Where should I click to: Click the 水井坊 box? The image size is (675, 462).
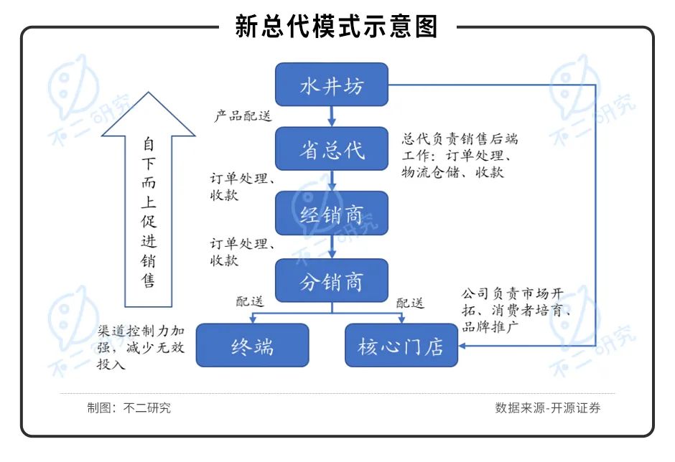[332, 85]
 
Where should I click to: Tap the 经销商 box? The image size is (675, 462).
[332, 213]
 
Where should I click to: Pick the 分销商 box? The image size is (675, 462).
[332, 280]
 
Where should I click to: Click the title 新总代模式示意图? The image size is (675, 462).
[337, 27]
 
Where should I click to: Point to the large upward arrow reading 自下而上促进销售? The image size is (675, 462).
[148, 201]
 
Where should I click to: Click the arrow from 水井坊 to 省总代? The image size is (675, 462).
[332, 115]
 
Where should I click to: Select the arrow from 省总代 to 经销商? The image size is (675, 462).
[332, 181]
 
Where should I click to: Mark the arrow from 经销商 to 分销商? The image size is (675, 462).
[332, 247]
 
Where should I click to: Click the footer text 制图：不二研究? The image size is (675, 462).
[129, 408]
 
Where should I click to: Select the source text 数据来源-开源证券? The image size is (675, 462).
[547, 408]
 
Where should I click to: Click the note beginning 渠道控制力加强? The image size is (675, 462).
[144, 348]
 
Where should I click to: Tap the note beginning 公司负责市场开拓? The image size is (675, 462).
[516, 310]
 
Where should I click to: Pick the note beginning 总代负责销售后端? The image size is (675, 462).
[460, 156]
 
